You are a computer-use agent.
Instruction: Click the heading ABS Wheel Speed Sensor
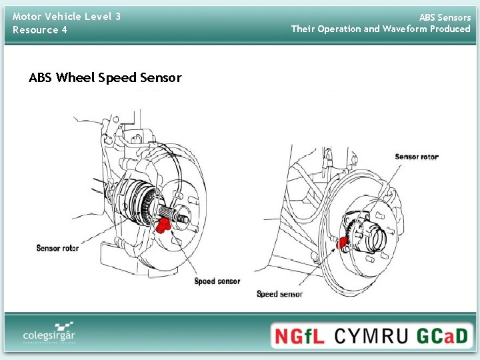(105, 78)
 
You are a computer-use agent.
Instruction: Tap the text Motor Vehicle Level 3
(67, 17)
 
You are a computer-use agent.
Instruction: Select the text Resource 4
(40, 30)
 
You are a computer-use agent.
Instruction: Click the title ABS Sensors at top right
(445, 17)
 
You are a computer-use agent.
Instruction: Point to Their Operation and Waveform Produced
(381, 29)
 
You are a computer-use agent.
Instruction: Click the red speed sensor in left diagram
(162, 226)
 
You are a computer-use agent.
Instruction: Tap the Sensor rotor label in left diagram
(57, 248)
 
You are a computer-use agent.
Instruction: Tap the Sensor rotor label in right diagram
(417, 157)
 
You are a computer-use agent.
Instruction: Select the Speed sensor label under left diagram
(217, 281)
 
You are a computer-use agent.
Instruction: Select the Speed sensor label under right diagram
(279, 294)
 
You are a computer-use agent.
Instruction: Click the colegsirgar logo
(48, 331)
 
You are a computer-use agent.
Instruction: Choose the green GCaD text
(443, 335)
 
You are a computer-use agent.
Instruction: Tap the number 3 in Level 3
(117, 17)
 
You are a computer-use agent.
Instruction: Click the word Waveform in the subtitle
(406, 29)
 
